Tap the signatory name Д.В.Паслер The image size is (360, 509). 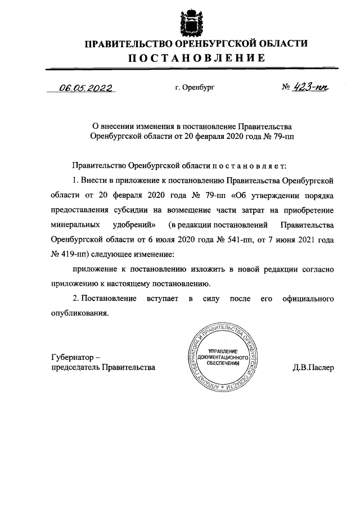pyautogui.click(x=313, y=368)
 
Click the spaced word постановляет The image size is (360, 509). pyautogui.click(x=248, y=166)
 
